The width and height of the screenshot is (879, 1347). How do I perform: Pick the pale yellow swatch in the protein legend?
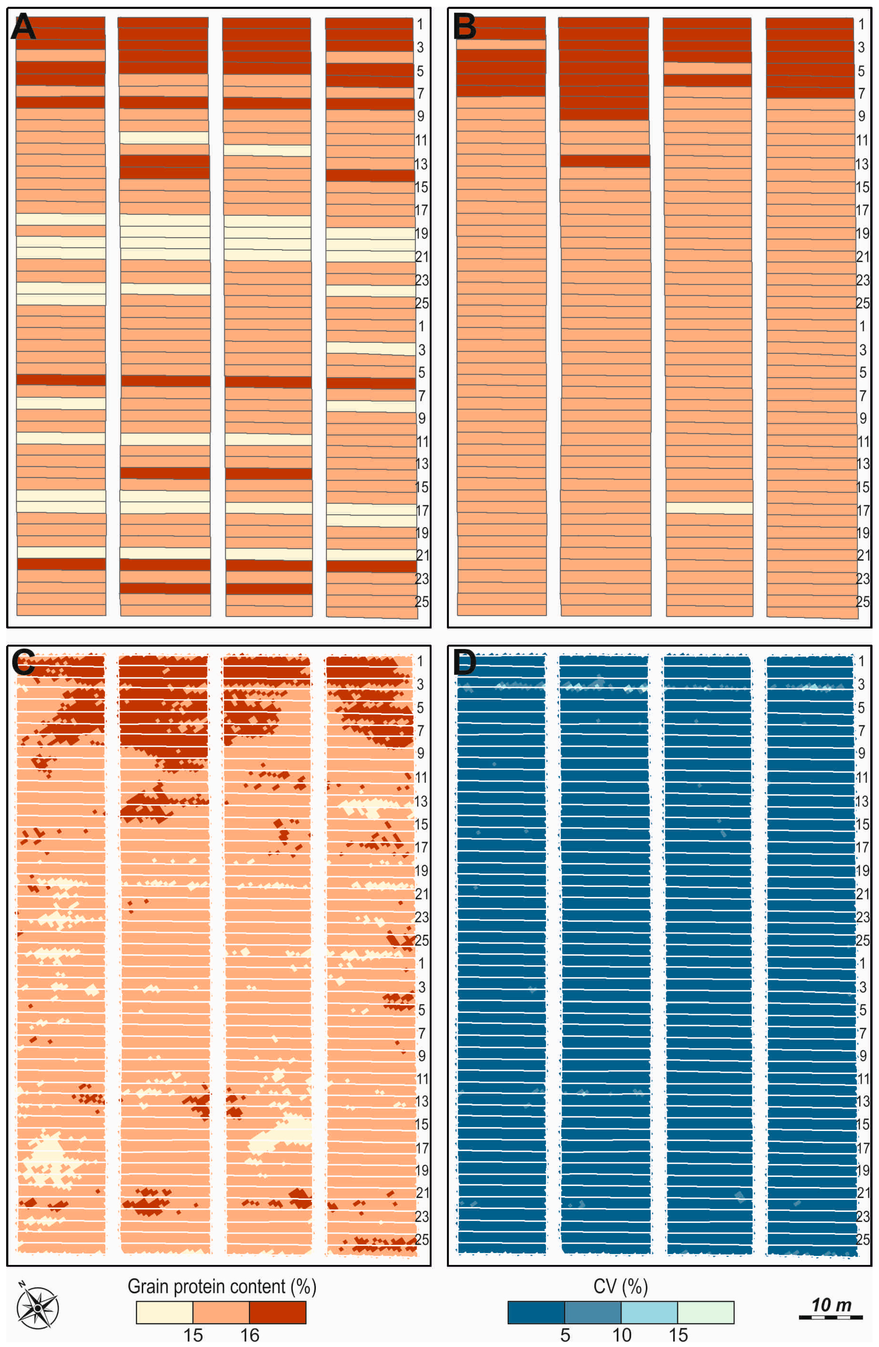pos(164,1312)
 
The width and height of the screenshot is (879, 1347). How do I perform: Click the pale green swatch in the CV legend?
pos(705,1312)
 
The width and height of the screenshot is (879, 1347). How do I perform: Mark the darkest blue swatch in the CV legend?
pos(536,1312)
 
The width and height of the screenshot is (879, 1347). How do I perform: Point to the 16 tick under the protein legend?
pos(249,1335)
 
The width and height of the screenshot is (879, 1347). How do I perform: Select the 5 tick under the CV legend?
pos(565,1335)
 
